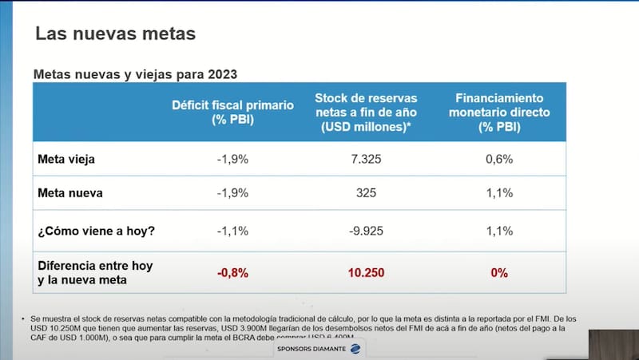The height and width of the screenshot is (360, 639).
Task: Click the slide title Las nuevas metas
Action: coord(116,34)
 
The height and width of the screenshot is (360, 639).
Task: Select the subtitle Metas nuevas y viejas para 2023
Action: coord(135,73)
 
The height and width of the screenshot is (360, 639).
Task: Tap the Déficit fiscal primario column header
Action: coord(232,112)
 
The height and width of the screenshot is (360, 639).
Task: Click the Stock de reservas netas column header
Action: coord(366,112)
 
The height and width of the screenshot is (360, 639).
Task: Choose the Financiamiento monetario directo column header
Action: coord(499,112)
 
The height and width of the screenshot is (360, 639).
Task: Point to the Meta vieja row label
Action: coord(66,159)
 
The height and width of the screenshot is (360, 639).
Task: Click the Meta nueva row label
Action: coord(69,192)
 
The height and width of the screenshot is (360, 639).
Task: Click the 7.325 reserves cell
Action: coord(366,159)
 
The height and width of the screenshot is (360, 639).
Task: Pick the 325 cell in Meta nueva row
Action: coord(366,192)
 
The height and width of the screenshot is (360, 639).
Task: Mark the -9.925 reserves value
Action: coord(366,232)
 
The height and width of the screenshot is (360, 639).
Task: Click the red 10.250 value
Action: coord(366,272)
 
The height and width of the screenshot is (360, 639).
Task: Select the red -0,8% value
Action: coord(232,272)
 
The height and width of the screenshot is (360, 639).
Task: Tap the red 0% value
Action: coord(499,272)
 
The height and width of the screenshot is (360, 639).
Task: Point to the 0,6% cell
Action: coord(499,159)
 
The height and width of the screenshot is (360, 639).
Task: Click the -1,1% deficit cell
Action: coord(232,232)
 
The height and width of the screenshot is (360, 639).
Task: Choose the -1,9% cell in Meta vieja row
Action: coord(232,159)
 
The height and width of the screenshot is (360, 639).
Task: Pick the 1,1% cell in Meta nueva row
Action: coord(499,192)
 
